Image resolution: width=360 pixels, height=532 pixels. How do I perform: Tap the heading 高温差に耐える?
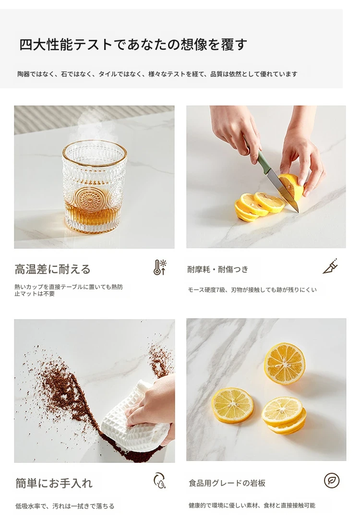[x=53, y=269]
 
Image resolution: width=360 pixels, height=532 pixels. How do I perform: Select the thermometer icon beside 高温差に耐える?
[x=159, y=267]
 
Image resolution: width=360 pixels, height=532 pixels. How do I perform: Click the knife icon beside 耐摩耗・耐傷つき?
[x=331, y=266]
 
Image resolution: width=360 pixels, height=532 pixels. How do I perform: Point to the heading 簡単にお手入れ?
[x=54, y=483]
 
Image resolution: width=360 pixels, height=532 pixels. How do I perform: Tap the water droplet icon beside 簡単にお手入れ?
[x=159, y=481]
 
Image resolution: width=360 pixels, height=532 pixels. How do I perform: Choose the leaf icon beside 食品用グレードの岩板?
[x=332, y=481]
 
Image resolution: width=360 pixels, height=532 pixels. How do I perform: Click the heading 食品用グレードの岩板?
[x=227, y=483]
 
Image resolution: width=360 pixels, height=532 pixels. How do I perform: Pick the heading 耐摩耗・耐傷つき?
[x=218, y=269]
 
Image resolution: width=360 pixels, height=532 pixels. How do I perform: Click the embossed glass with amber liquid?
[x=95, y=187]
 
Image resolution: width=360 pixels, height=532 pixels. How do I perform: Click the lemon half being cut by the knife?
[x=292, y=186]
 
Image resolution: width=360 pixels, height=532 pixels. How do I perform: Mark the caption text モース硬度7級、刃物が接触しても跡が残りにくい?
[x=252, y=290]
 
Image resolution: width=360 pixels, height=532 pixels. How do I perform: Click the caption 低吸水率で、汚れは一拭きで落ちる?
[x=65, y=506]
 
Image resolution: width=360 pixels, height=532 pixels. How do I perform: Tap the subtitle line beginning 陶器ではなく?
[x=157, y=74]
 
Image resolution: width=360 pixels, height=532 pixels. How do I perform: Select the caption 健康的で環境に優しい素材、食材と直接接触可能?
[x=252, y=506]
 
